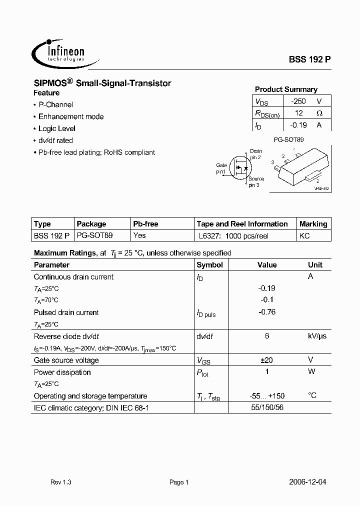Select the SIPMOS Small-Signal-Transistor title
point(102,83)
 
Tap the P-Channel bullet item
point(55,104)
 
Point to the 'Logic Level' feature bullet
point(57,128)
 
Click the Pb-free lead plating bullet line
point(96,152)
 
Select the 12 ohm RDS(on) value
point(299,113)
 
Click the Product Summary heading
point(286,89)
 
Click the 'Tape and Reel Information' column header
point(242,224)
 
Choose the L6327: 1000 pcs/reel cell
point(233,235)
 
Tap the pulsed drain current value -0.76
point(267,312)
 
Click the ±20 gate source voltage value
point(267,360)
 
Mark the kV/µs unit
point(316,336)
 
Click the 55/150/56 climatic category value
point(267,408)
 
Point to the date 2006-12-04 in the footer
point(307,482)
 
